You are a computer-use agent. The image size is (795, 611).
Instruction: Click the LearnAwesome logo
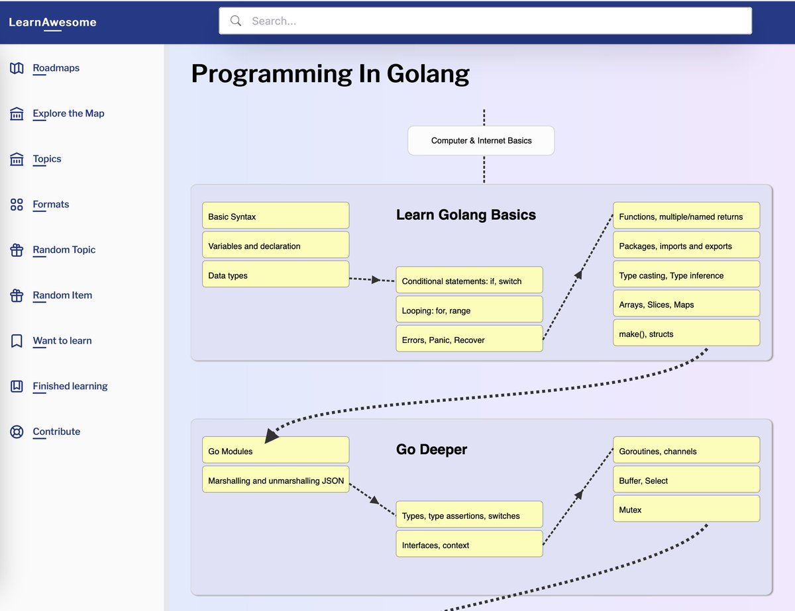coord(52,23)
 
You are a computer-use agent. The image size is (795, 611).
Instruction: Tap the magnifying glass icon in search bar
coord(235,21)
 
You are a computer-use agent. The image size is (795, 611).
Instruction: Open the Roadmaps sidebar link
coord(56,68)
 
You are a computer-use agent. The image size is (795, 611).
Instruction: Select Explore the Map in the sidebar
coord(68,113)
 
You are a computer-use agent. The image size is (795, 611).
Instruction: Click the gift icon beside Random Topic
coord(17,250)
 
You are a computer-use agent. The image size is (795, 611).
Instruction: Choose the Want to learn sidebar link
coord(62,341)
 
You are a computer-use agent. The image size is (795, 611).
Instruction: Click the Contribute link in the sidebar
coord(56,432)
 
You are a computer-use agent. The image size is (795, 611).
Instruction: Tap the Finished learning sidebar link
coord(70,386)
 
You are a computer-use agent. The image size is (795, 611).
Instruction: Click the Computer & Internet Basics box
coord(481,140)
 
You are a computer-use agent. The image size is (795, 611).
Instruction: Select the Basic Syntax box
coord(275,216)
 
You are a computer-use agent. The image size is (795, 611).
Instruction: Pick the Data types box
coord(275,275)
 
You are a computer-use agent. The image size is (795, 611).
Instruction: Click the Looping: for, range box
coord(469,310)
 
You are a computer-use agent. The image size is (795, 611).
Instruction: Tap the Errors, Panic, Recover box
coord(469,339)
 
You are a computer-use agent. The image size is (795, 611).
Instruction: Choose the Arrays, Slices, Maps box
coord(686,305)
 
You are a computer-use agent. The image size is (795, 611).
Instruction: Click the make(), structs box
coord(686,334)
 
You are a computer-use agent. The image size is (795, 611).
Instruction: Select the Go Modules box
coord(275,451)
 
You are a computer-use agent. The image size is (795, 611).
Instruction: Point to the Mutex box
coord(686,509)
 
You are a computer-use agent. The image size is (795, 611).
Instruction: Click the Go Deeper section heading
coord(431,449)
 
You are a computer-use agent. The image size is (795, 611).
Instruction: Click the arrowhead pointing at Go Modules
coord(272,436)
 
